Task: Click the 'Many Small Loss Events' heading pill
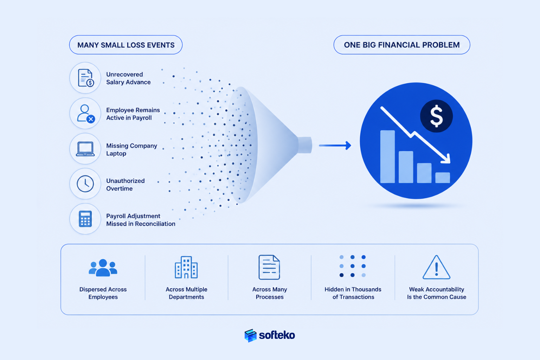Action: point(126,45)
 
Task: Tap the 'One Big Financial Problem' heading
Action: point(401,45)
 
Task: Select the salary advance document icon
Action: point(85,78)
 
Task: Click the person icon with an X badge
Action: point(85,114)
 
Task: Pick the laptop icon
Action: point(85,149)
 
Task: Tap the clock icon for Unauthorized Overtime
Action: point(85,184)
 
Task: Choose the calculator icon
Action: point(85,219)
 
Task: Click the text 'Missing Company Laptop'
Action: point(131,149)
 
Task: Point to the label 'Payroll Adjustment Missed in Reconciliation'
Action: point(141,220)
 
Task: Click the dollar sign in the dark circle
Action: point(436,116)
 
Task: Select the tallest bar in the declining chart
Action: point(387,156)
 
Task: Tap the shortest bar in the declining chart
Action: point(442,178)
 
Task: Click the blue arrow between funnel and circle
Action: point(335,146)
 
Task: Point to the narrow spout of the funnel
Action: point(305,145)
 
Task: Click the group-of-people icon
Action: point(103,268)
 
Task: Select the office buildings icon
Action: point(186,267)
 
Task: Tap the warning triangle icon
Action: point(436,268)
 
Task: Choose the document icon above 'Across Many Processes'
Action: point(269,267)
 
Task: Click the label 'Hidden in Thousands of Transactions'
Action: point(353,293)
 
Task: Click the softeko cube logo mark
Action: point(250,335)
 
